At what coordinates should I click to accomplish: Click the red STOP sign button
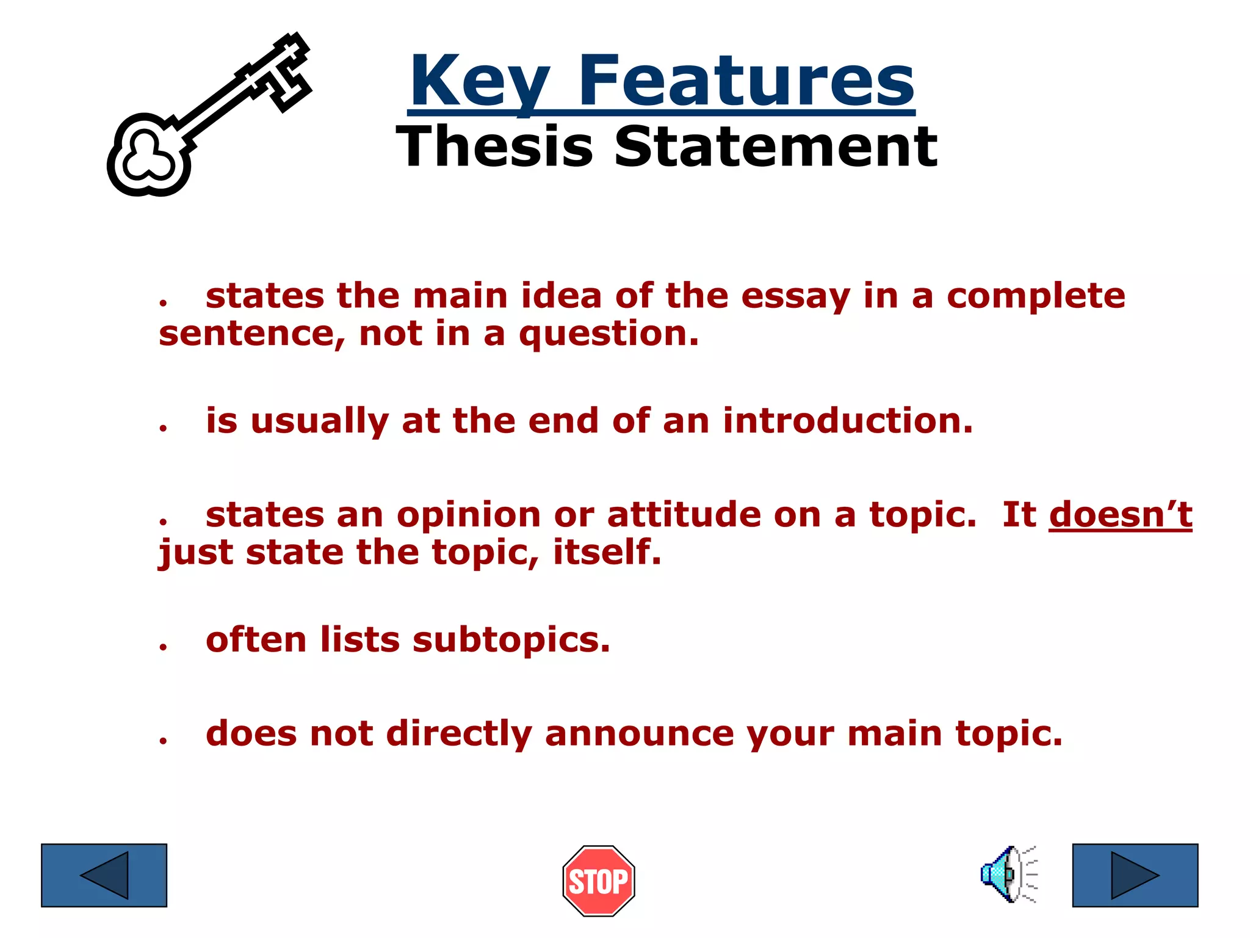(598, 881)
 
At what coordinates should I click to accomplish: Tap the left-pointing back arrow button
(104, 875)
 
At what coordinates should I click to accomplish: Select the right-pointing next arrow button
(1135, 875)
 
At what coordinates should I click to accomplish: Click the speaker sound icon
(1008, 874)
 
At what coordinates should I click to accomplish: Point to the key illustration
(208, 116)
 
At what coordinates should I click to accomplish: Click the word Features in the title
(746, 81)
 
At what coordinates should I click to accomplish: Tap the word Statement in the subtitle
(775, 147)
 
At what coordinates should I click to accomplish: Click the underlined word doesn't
(1120, 514)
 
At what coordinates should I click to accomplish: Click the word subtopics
(511, 641)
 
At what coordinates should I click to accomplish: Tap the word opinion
(468, 515)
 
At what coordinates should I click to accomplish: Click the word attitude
(684, 514)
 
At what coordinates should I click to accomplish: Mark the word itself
(607, 552)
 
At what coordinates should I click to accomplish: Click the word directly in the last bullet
(459, 733)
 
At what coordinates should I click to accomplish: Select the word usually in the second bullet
(320, 422)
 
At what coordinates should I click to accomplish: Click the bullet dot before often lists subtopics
(163, 646)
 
